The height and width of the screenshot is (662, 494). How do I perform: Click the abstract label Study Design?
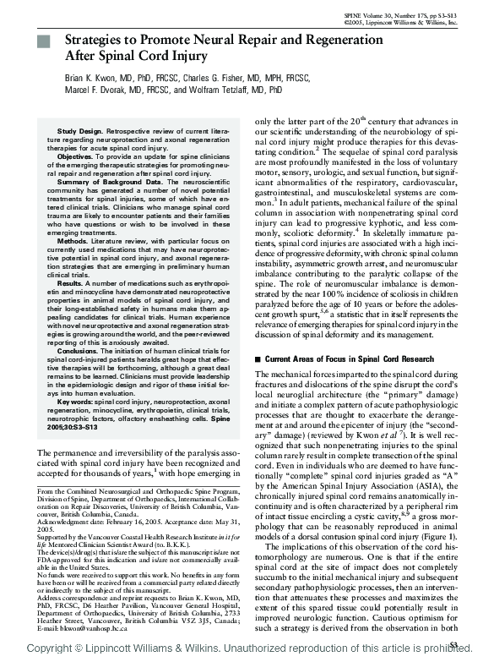(x=82, y=133)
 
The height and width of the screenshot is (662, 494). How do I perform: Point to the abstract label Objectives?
(x=75, y=156)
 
